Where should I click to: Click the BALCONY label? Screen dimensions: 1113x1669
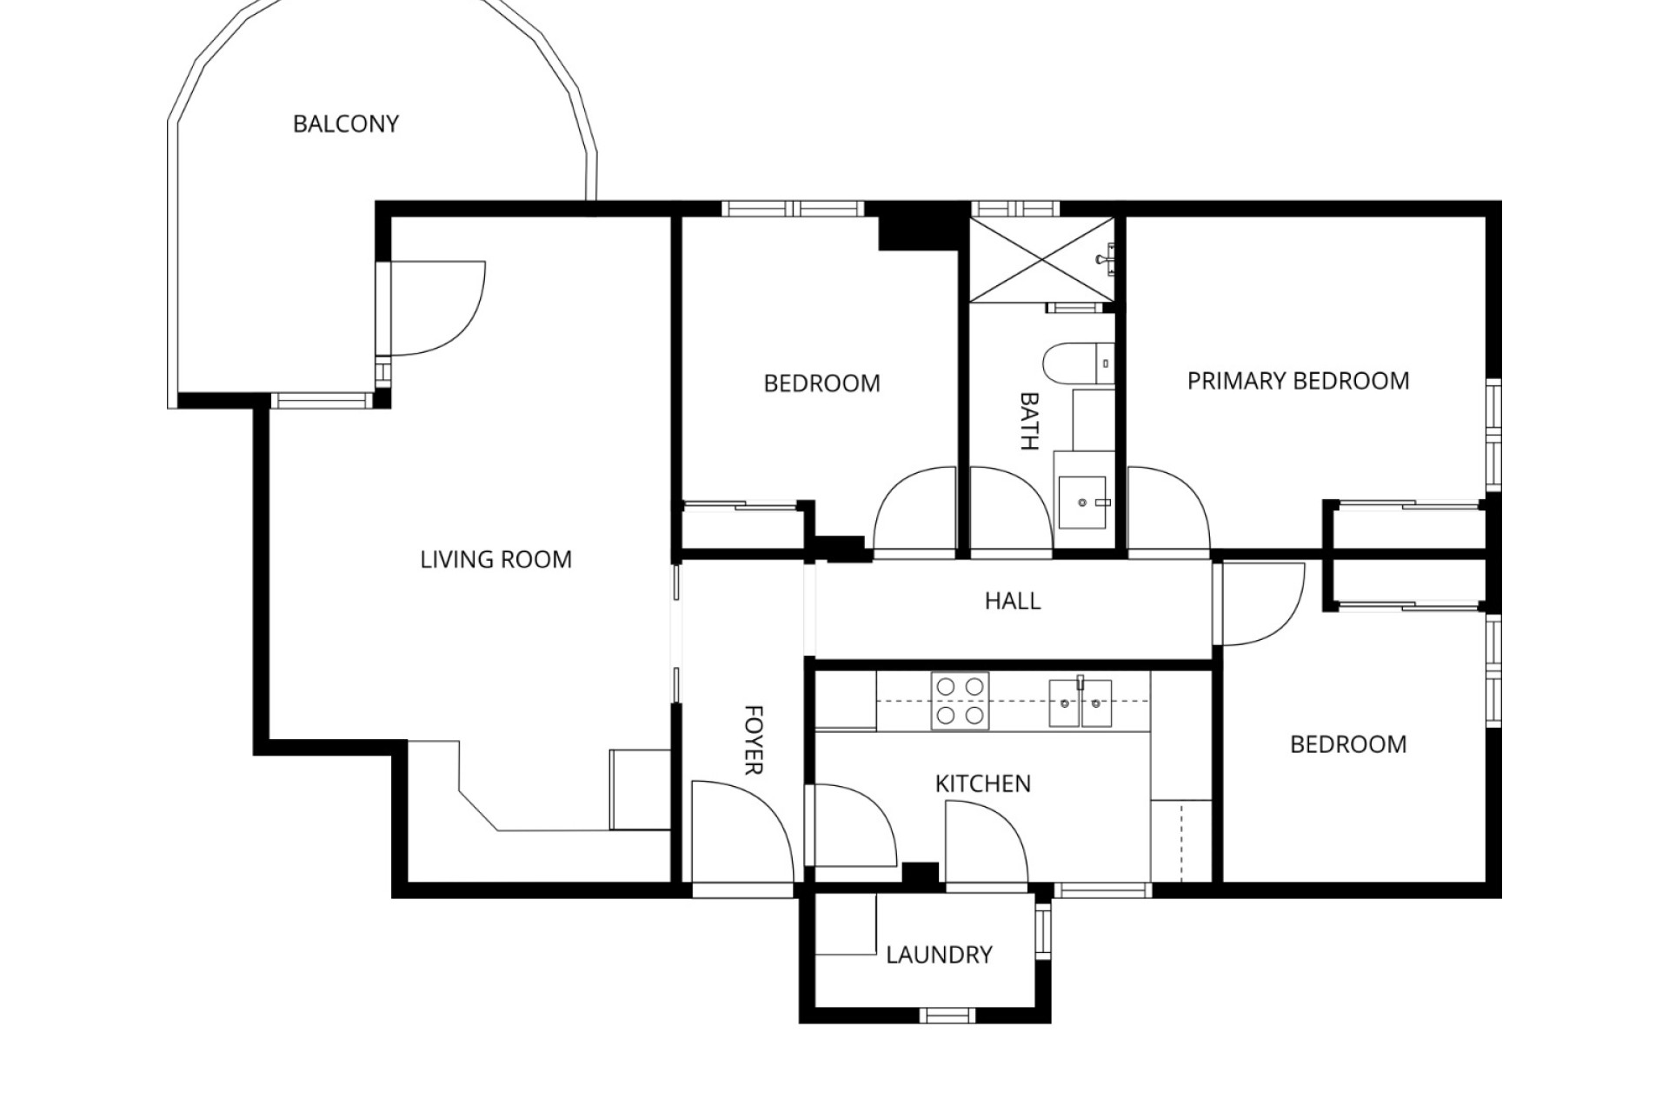[345, 124]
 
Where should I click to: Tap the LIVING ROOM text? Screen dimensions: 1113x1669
[495, 559]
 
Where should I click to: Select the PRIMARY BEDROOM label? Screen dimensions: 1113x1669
[1298, 381]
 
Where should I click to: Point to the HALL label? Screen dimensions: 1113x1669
[1012, 601]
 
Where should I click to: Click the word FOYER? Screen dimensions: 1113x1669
[754, 739]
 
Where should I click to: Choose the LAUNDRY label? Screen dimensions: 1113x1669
[939, 955]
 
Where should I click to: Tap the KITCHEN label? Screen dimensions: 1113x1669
[982, 783]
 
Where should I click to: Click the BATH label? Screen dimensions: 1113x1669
[1029, 421]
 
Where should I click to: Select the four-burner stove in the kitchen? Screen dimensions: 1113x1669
[960, 701]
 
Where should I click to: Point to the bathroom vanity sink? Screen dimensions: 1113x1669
[1082, 502]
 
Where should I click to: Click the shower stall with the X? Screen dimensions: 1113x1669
[1041, 259]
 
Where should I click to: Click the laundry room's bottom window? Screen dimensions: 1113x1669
[948, 1015]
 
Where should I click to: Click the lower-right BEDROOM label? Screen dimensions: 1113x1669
[1347, 744]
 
